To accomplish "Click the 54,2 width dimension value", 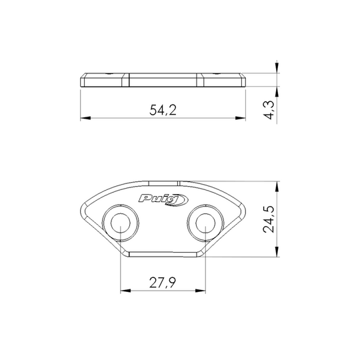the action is [x=163, y=110].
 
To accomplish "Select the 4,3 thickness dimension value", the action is [x=269, y=110].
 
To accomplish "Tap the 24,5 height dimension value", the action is [x=269, y=219].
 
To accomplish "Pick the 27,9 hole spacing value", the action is [x=163, y=283].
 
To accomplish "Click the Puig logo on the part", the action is [x=163, y=199].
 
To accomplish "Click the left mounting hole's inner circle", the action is [x=120, y=223].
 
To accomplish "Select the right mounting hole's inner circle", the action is [x=205, y=223].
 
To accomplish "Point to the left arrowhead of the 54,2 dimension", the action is [x=85, y=118].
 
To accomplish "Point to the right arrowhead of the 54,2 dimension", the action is [x=241, y=118].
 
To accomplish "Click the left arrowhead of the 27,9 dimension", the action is [x=125, y=291].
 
